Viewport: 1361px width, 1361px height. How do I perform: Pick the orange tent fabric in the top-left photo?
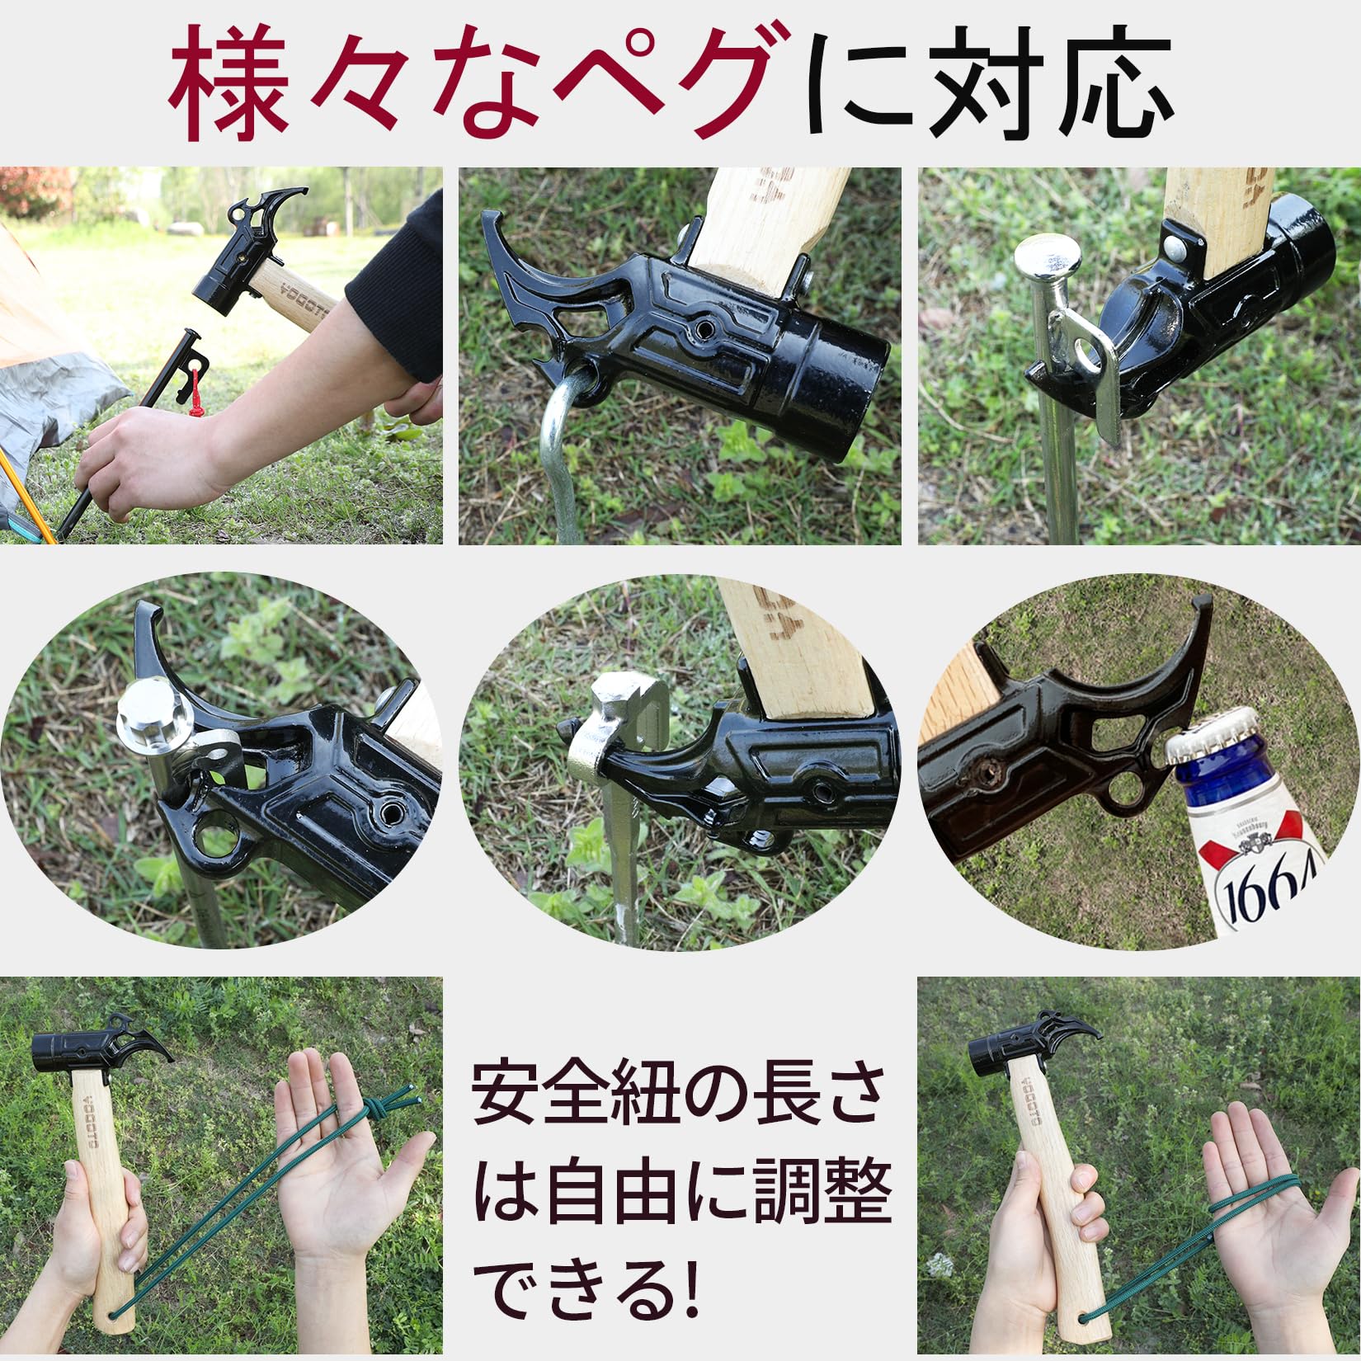[41, 280]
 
